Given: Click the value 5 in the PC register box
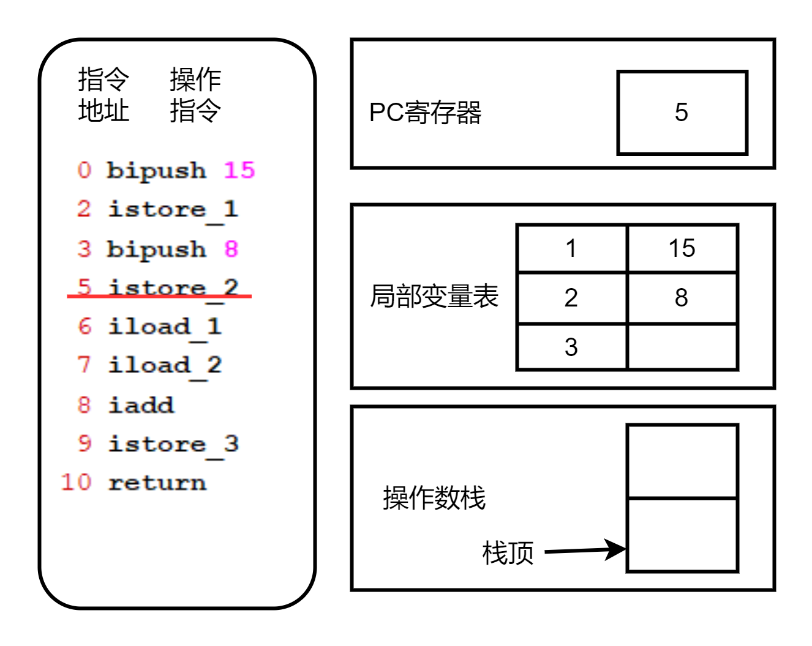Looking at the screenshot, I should click(682, 113).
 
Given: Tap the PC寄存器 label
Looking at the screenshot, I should click(425, 113).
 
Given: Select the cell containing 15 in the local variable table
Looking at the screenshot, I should click(682, 248).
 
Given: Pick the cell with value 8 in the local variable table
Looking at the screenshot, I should click(682, 298).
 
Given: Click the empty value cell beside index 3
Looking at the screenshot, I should click(682, 347).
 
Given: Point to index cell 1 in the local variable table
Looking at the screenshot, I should click(571, 248).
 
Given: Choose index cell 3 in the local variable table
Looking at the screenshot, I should click(571, 347).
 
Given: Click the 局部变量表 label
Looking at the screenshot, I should click(434, 296).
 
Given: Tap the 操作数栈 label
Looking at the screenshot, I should click(434, 497).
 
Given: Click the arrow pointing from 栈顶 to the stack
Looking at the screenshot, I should click(584, 550).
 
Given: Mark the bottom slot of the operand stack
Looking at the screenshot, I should click(682, 535).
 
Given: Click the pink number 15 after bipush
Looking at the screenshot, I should click(239, 170).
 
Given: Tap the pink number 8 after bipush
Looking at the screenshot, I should click(231, 249).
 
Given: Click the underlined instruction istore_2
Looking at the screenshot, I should click(173, 288).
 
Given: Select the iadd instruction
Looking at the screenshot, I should click(141, 405).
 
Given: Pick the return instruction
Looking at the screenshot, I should click(157, 483).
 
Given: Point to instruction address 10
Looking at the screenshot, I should click(77, 483).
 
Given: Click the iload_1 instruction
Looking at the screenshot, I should click(165, 327).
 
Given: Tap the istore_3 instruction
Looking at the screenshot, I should click(173, 444).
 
